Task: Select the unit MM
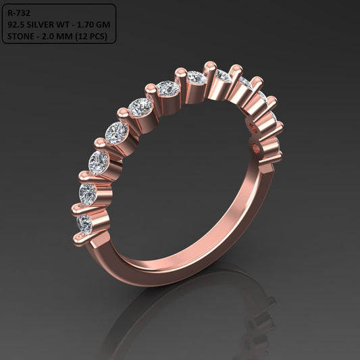click(x=65, y=36)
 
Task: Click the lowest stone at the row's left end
click(x=84, y=223)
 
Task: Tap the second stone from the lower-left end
click(x=88, y=194)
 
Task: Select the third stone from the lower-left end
click(x=99, y=162)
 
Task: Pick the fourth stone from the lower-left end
click(x=117, y=132)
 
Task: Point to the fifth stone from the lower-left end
click(x=140, y=107)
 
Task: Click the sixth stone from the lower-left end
click(x=168, y=88)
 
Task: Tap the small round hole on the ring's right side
click(x=255, y=147)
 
